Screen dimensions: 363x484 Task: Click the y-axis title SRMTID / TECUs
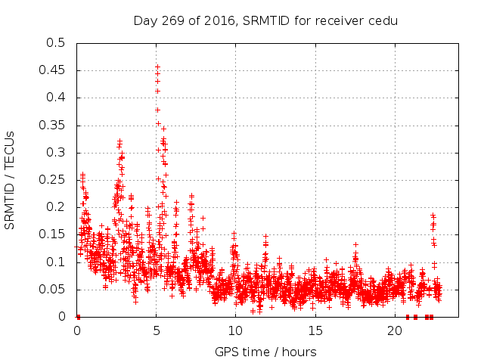pos(10,180)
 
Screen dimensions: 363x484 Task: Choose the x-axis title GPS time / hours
pos(265,352)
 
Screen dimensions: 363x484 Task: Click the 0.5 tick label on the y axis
pos(56,43)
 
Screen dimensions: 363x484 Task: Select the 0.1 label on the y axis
pos(56,262)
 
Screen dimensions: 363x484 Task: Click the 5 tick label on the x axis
pos(157,330)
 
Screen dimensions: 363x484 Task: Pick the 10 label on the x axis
pos(236,330)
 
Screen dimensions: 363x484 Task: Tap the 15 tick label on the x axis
pos(315,330)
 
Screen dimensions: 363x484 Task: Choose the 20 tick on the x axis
pos(395,330)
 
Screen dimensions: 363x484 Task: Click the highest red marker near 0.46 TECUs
pos(157,67)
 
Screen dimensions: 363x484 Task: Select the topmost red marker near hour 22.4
pos(433,216)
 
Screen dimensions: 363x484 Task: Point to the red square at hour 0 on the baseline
pos(77,317)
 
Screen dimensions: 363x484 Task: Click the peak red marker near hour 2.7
pos(119,141)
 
